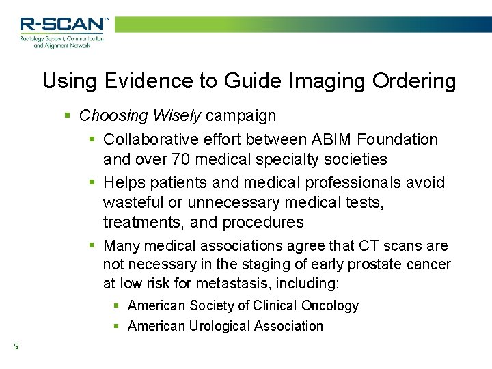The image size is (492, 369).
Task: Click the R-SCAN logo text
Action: pos(63,25)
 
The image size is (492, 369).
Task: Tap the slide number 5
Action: pos(15,347)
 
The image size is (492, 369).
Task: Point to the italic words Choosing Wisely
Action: pos(140,116)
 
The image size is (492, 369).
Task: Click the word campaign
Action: pos(241,116)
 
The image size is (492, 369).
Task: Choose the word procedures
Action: pos(263,222)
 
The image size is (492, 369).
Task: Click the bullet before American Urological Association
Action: pos(117,326)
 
